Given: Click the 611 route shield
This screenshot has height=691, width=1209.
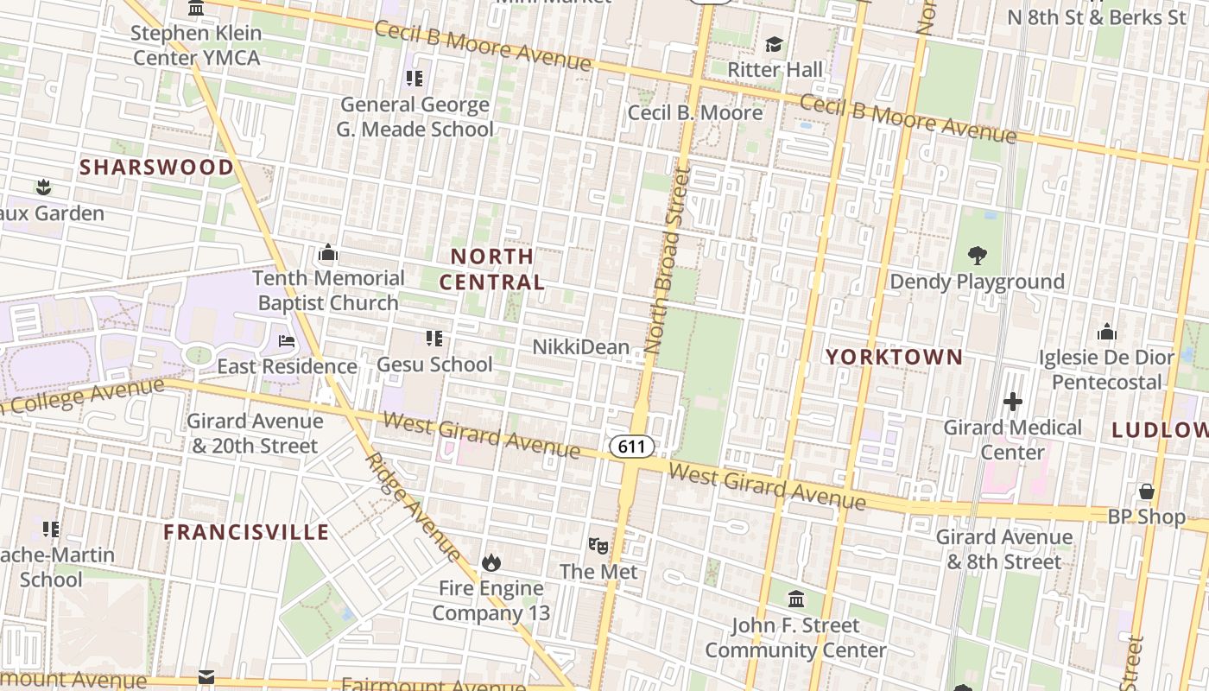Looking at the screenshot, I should coord(631,447).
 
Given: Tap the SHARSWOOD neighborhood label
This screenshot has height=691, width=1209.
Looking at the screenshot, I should coord(156,168).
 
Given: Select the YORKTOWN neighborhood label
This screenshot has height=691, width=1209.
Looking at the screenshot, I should coord(894,357).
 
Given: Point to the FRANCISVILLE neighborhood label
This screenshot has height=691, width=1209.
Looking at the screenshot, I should coord(246,532).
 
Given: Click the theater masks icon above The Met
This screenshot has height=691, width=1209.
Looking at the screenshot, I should coord(598,546).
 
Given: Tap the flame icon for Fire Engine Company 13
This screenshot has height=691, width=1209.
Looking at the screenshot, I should coord(491,563).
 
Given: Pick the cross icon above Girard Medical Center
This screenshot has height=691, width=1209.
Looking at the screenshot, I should coord(1013,402).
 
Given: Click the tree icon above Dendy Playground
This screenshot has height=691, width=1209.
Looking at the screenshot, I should coord(977,256).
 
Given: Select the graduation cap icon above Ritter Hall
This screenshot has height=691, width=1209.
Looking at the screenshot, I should coord(774,44).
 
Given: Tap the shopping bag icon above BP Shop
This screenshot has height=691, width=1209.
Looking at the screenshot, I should coord(1147,491).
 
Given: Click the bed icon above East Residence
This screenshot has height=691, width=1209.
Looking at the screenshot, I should coord(287,341).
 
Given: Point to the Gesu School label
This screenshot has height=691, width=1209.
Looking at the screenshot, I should coord(434,365).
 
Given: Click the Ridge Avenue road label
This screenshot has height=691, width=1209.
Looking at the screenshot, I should coord(414,505).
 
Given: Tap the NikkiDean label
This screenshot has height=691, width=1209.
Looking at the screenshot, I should coord(580,347).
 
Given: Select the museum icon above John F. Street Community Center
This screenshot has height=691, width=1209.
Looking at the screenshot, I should coord(796,599).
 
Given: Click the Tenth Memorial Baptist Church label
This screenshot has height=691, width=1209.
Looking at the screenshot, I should coord(328,290).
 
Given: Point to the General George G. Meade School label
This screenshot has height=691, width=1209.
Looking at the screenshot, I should coord(415,117).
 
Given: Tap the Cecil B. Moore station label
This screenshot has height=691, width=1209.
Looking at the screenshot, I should coord(695,112).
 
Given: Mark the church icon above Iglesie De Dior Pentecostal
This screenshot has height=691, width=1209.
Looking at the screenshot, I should coord(1106,333).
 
